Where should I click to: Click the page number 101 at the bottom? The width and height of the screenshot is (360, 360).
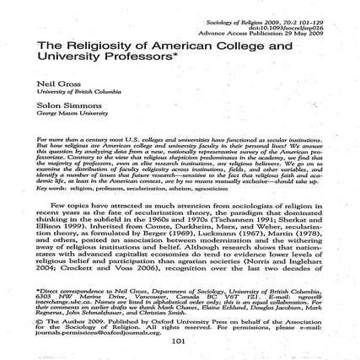click(180, 341)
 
